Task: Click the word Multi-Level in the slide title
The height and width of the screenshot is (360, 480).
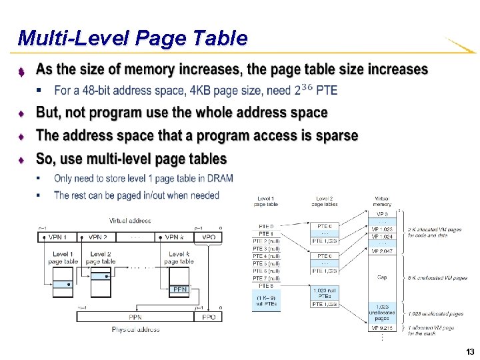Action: pos(74,38)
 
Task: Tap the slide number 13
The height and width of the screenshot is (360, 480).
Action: pos(470,351)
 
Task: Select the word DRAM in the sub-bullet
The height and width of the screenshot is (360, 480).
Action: pos(219,178)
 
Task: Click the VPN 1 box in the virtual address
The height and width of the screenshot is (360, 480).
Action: pos(57,237)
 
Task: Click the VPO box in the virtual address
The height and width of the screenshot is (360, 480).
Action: pos(209,237)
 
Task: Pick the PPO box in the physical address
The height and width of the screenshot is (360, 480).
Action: pos(209,317)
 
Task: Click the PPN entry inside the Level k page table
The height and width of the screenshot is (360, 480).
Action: pos(179,289)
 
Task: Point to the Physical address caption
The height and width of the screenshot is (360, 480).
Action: pos(135,329)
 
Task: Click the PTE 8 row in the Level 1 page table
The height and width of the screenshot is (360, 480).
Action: pos(265,286)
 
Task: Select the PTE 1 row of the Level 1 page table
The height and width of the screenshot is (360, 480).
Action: pos(265,234)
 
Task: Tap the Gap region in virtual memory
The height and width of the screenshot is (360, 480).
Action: pos(382,277)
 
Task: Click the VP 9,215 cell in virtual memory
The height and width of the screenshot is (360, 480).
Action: pos(382,329)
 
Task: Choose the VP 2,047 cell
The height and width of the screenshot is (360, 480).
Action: pos(382,251)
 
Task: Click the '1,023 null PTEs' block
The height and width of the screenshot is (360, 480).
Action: pos(325,293)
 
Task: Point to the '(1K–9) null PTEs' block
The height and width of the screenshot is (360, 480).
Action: pos(266,301)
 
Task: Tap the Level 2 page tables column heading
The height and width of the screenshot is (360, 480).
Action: pos(325,201)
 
